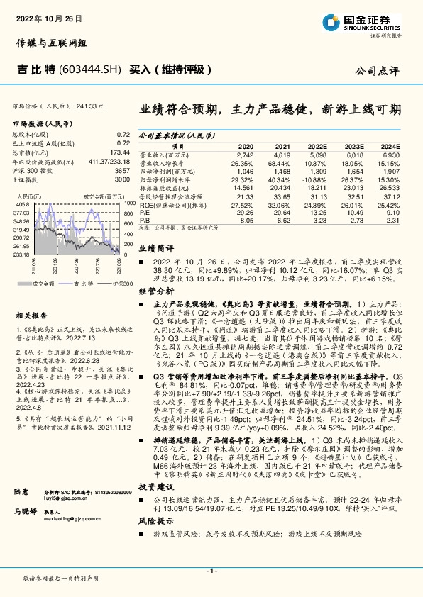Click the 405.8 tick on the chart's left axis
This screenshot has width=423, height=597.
pos(22,203)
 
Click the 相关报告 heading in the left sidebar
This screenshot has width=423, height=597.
pos(30,314)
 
